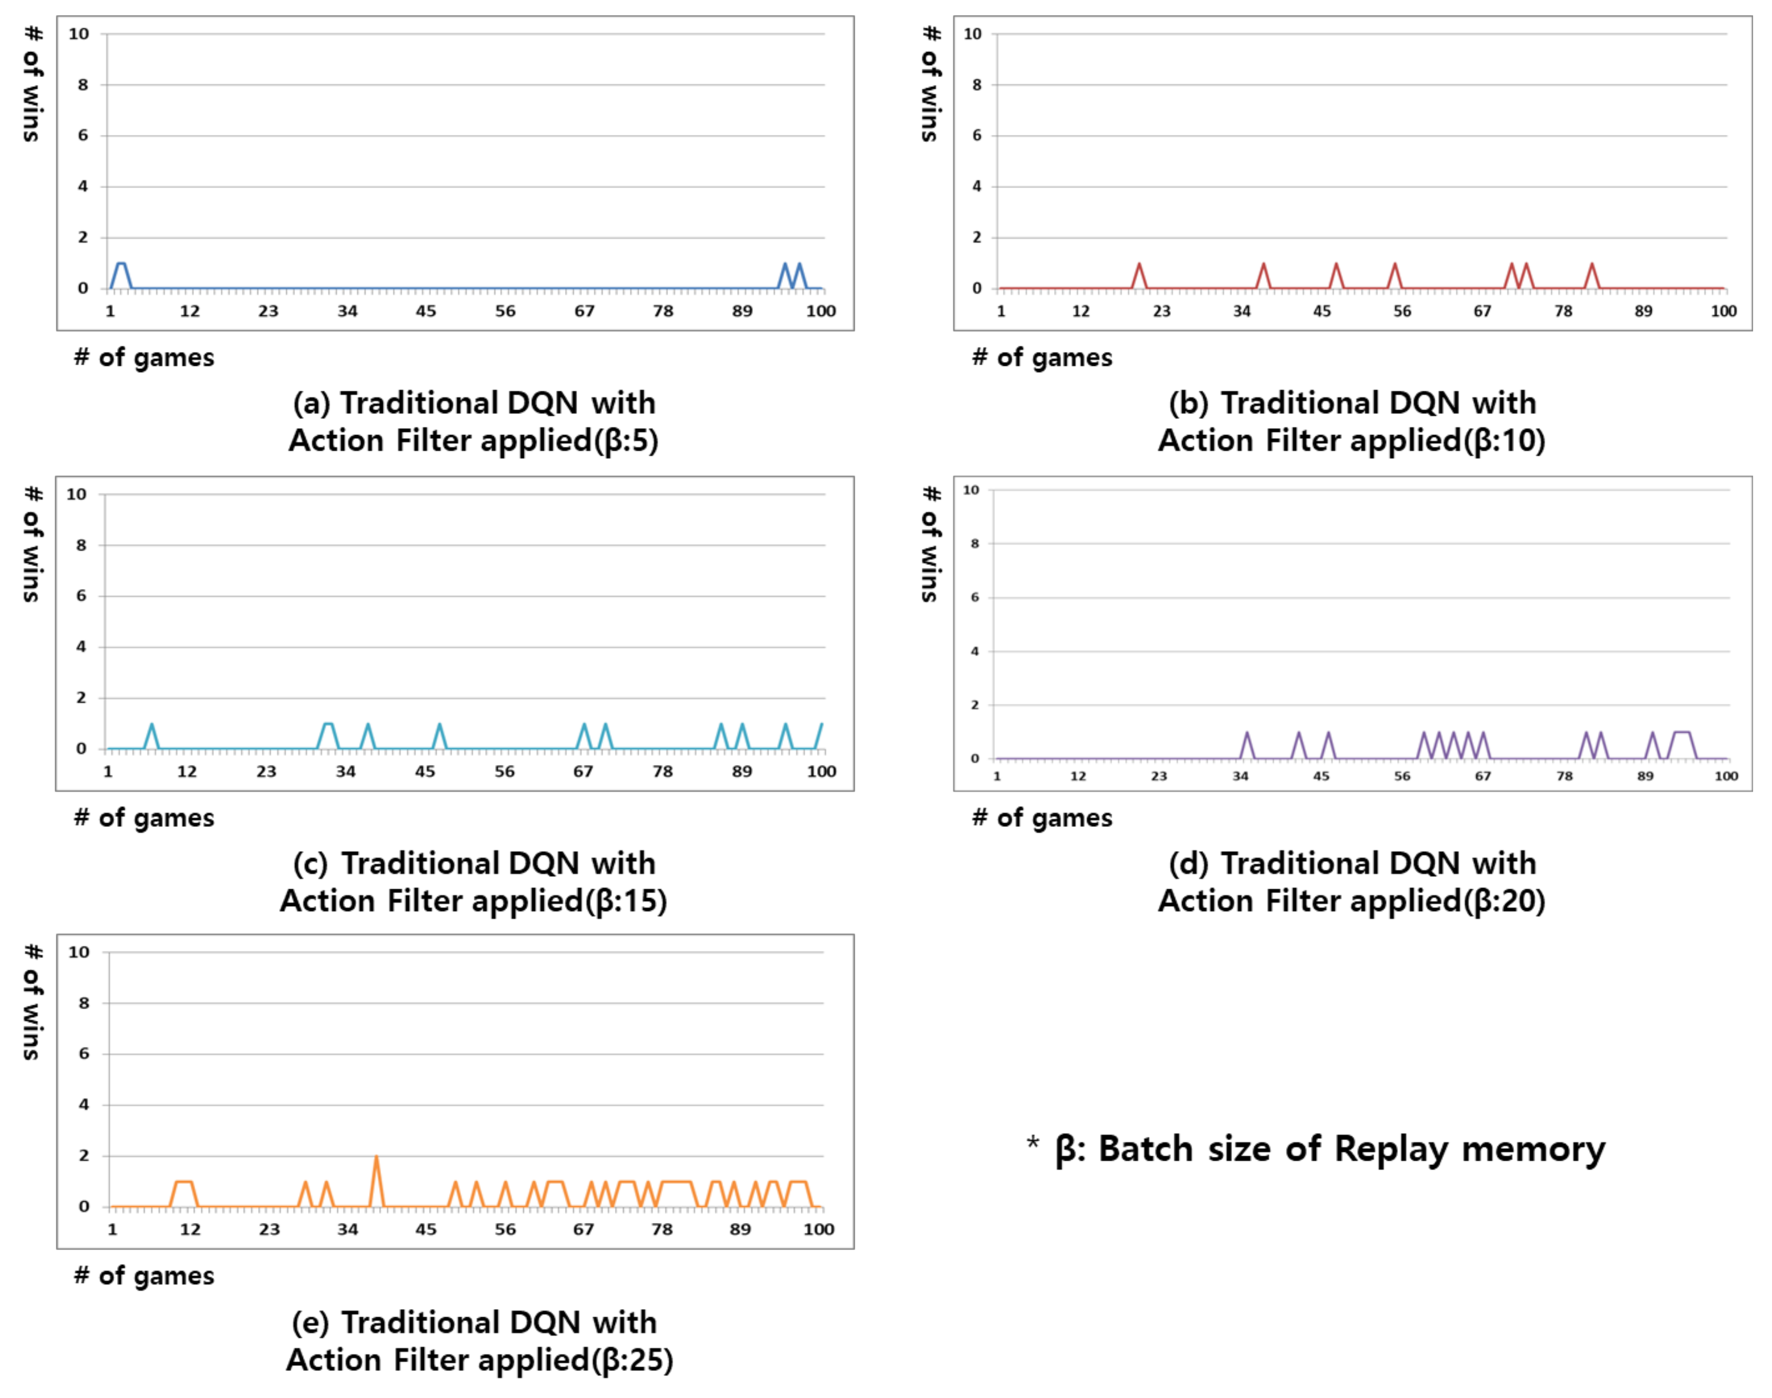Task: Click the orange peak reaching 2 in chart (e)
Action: tap(376, 1157)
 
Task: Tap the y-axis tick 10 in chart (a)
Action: tap(79, 34)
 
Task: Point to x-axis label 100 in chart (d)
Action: tap(1726, 776)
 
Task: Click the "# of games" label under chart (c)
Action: tap(144, 818)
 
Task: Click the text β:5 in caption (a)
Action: tap(626, 441)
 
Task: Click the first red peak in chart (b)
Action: tap(1139, 265)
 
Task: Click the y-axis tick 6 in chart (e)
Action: tap(84, 1053)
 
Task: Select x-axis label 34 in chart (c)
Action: tap(345, 771)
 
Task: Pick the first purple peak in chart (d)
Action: tap(1247, 734)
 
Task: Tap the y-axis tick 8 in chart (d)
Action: tap(974, 543)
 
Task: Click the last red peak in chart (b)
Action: tap(1592, 265)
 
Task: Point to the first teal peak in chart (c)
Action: tap(151, 725)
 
